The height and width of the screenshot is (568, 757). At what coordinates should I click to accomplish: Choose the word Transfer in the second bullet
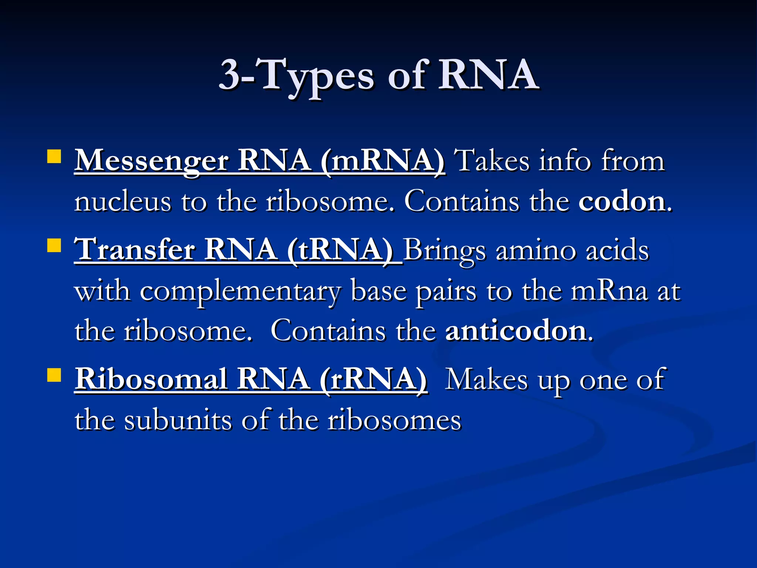click(x=135, y=250)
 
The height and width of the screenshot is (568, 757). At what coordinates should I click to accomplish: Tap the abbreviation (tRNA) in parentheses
click(x=340, y=250)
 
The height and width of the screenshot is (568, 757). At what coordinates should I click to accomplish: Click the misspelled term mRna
click(x=610, y=291)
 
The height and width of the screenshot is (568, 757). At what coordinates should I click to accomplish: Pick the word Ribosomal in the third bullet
click(x=151, y=379)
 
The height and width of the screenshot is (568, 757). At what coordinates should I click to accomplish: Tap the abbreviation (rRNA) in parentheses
click(x=374, y=379)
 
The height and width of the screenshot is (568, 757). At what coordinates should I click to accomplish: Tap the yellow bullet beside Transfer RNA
click(x=54, y=245)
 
